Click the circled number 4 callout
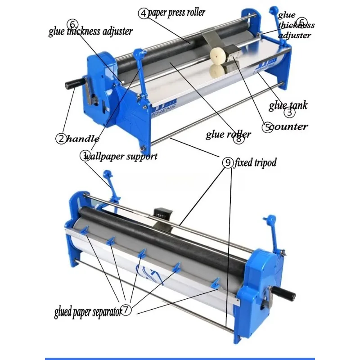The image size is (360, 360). pyautogui.click(x=143, y=13)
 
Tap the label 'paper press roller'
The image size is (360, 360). pyautogui.click(x=176, y=12)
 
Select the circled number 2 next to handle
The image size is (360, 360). pyautogui.click(x=61, y=138)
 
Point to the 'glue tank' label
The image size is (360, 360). pyautogui.click(x=288, y=106)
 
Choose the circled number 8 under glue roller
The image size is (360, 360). pyautogui.click(x=239, y=139)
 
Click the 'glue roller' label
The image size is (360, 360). pyautogui.click(x=229, y=133)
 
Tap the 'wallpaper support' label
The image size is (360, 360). pyautogui.click(x=121, y=157)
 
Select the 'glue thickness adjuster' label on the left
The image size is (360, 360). pyautogui.click(x=90, y=31)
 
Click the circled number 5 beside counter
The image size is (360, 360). pyautogui.click(x=267, y=127)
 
